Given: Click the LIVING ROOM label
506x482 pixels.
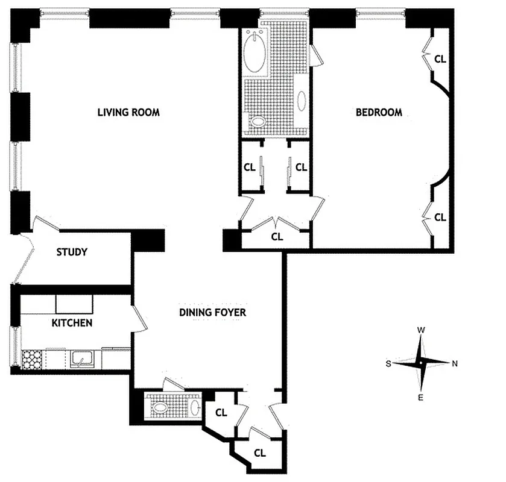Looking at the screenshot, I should click(x=128, y=112).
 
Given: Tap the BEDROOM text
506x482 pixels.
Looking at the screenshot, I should click(x=379, y=112).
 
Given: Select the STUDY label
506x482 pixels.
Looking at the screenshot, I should click(x=72, y=252).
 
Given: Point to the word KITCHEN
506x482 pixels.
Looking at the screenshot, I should click(x=72, y=323).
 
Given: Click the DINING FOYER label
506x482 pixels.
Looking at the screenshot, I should click(x=212, y=312).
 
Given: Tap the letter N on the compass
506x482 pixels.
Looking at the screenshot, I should click(x=455, y=363).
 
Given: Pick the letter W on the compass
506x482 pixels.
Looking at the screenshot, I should click(x=422, y=330).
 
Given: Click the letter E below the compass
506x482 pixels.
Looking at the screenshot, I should click(x=421, y=396).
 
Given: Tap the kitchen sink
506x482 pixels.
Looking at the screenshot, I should click(x=80, y=360).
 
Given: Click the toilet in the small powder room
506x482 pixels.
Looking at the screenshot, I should click(x=160, y=407).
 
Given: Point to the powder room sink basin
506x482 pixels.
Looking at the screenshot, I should click(x=195, y=407).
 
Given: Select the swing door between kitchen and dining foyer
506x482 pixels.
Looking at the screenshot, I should click(x=139, y=317).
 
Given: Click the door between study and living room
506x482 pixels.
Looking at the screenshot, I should click(x=46, y=222).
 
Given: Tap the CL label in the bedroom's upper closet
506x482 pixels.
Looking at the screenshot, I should click(x=440, y=59).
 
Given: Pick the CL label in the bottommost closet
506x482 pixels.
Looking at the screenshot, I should click(x=260, y=452).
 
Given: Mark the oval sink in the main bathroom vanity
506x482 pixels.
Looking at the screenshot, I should click(x=302, y=100).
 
